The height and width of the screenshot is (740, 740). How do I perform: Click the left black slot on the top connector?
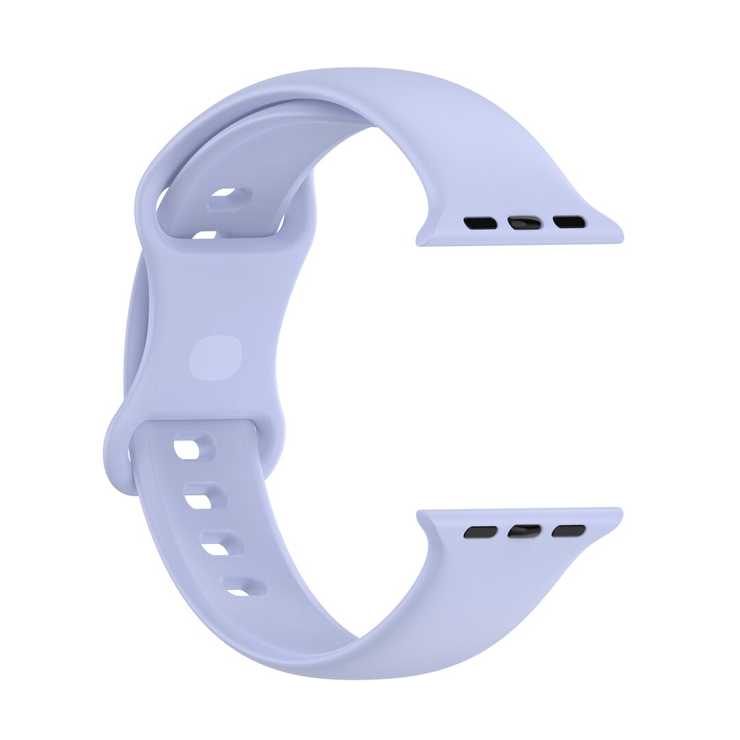[480, 223]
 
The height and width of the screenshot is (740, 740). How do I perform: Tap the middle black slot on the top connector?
[524, 223]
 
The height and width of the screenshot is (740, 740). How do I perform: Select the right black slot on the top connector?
[569, 222]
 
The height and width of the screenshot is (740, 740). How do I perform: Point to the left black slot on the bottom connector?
[480, 532]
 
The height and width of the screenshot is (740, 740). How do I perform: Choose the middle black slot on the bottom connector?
[524, 531]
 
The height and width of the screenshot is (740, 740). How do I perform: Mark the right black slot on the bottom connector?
[569, 531]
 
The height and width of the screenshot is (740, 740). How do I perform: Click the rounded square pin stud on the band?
[216, 358]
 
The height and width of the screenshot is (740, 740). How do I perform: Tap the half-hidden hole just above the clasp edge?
[203, 234]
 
